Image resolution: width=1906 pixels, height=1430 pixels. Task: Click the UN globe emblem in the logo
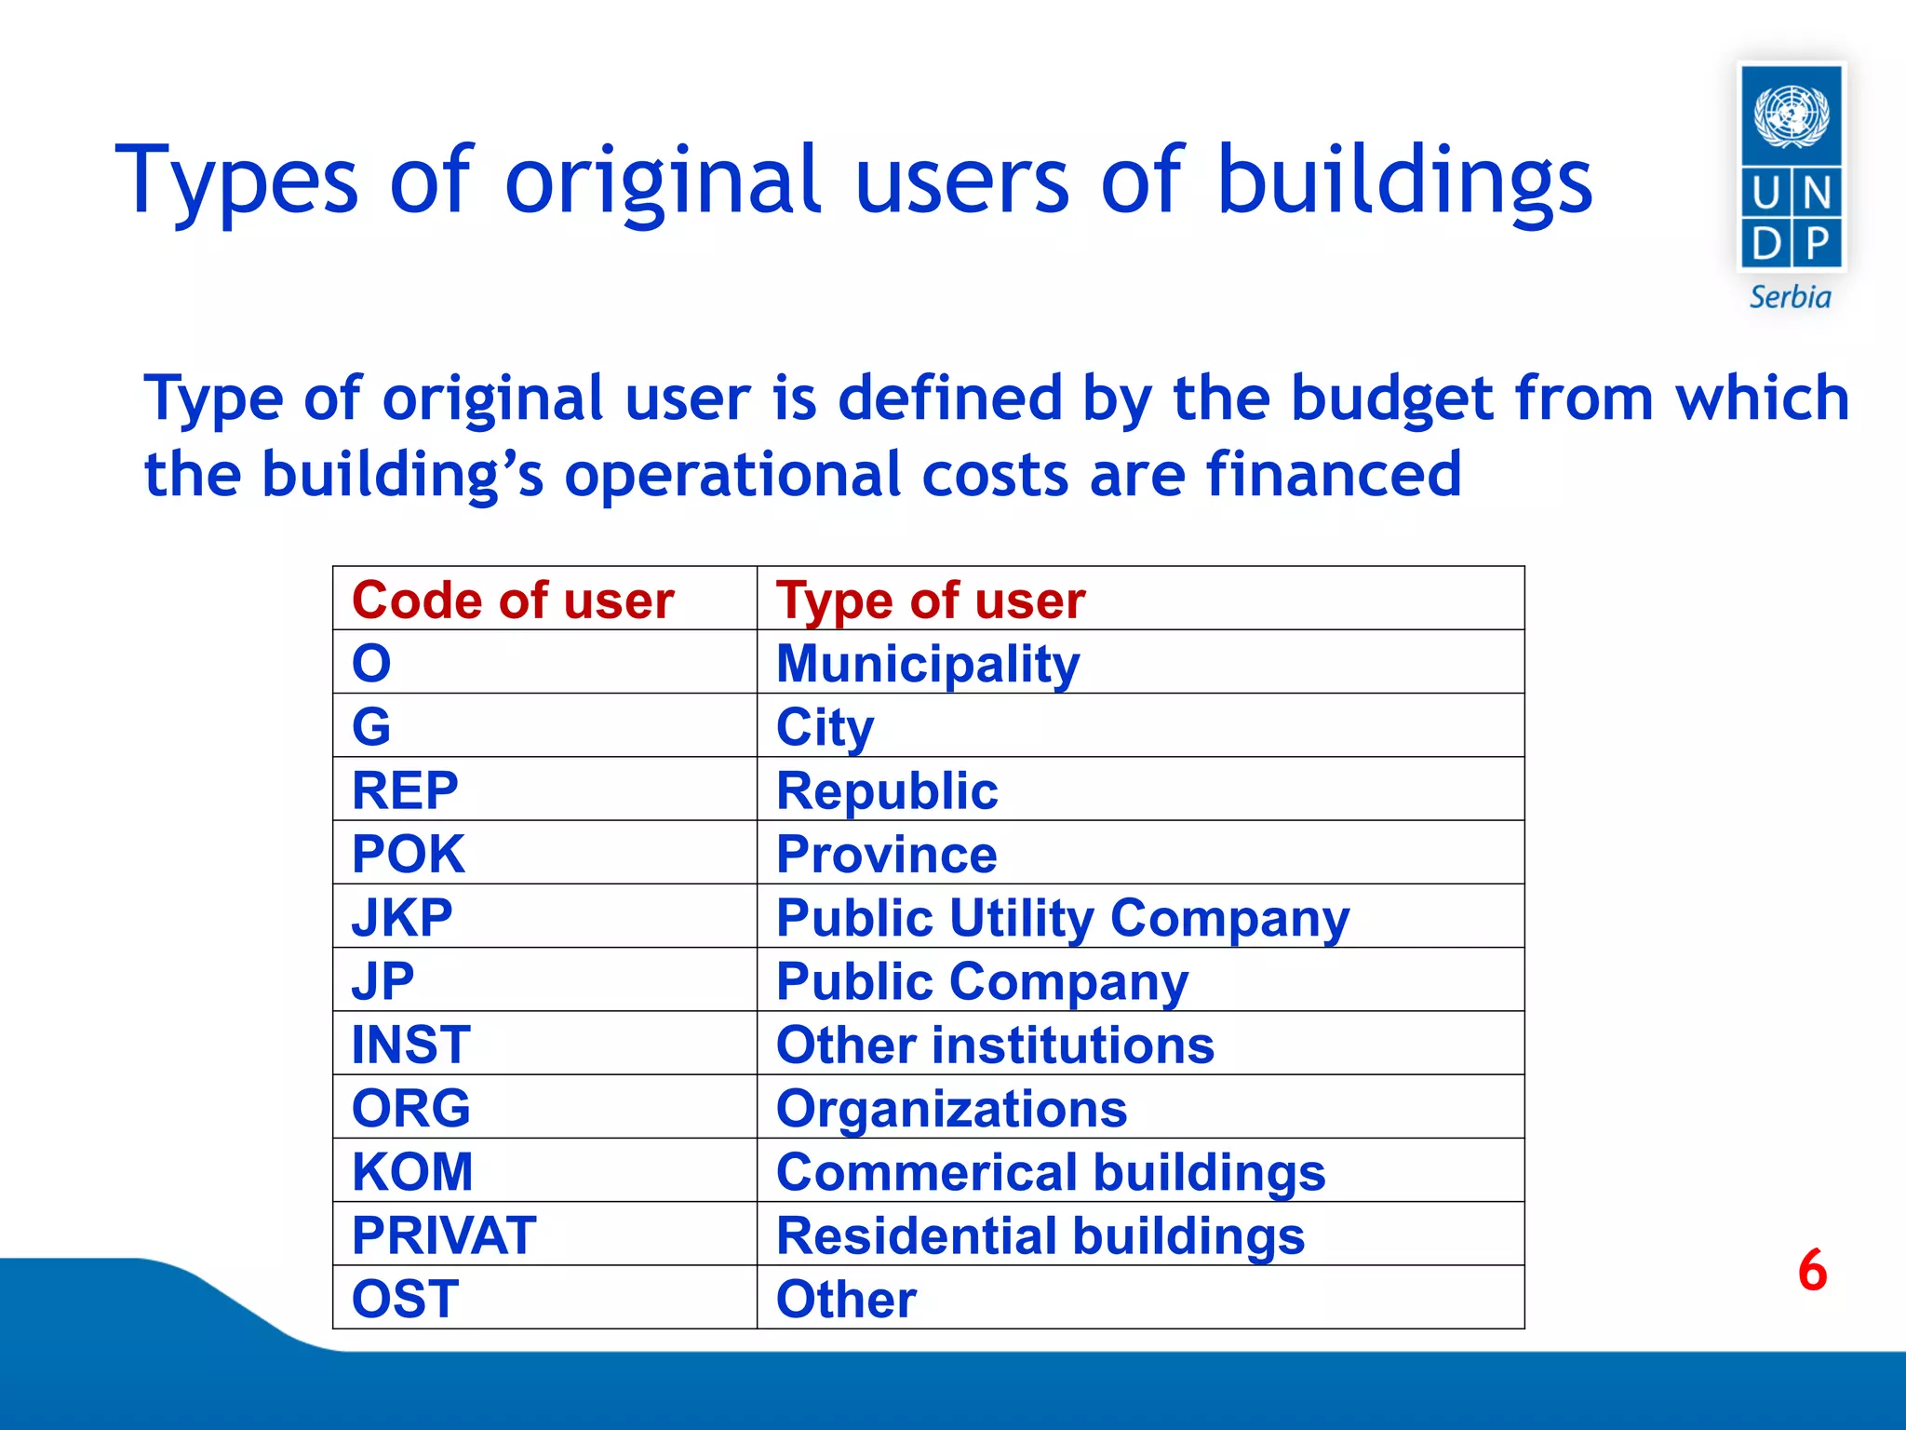pyautogui.click(x=1791, y=115)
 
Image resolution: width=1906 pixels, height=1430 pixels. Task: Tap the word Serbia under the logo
pyautogui.click(x=1790, y=297)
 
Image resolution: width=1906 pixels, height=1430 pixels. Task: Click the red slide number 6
pyautogui.click(x=1812, y=1270)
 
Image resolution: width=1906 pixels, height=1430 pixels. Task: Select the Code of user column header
pyautogui.click(x=513, y=600)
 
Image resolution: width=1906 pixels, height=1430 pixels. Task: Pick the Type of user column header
pyautogui.click(x=931, y=600)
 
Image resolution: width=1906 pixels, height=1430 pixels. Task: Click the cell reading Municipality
pyautogui.click(x=928, y=664)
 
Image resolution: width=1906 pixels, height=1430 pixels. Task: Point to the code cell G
pyautogui.click(x=371, y=726)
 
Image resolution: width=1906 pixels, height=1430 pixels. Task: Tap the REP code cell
pyautogui.click(x=405, y=790)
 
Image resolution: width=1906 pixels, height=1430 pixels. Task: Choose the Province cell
pyautogui.click(x=886, y=854)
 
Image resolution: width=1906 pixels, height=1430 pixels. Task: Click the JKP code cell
pyautogui.click(x=402, y=917)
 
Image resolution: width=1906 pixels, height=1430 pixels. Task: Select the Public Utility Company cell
pyautogui.click(x=1062, y=918)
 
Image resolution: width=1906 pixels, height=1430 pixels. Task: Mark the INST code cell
pyautogui.click(x=410, y=1045)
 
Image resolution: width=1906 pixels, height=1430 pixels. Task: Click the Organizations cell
pyautogui.click(x=951, y=1109)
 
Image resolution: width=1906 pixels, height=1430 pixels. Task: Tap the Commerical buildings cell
pyautogui.click(x=1050, y=1172)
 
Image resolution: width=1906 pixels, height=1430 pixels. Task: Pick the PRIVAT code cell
pyautogui.click(x=444, y=1235)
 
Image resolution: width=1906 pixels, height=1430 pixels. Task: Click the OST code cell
pyautogui.click(x=405, y=1299)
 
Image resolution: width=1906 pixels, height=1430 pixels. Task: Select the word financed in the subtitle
pyautogui.click(x=1333, y=474)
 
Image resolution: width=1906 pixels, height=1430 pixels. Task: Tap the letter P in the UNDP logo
pyautogui.click(x=1817, y=244)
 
